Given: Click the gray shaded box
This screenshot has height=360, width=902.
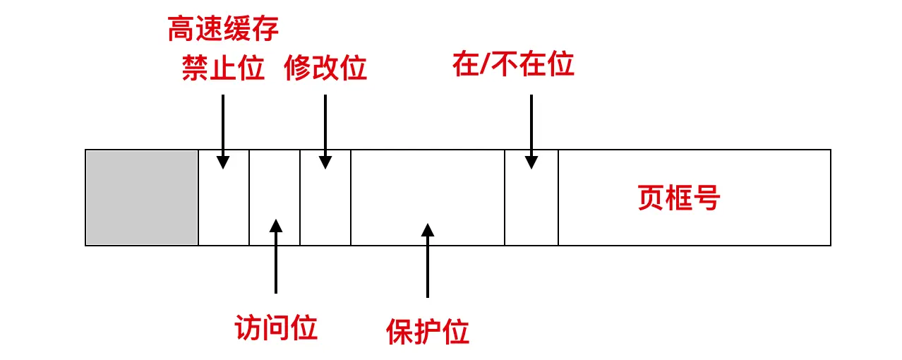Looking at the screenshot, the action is [142, 198].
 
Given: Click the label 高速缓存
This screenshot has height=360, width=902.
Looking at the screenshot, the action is [223, 30].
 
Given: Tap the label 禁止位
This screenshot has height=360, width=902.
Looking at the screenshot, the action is [223, 68].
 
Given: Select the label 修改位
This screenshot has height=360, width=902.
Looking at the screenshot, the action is [325, 68].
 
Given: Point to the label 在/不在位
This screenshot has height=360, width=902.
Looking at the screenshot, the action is [513, 65].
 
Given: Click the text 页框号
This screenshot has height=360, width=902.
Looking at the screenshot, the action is [678, 198].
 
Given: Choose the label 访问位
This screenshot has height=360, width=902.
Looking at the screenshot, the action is [276, 328].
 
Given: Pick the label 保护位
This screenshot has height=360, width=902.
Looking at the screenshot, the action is [427, 331].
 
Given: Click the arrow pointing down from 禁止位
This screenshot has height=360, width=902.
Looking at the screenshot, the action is [223, 131].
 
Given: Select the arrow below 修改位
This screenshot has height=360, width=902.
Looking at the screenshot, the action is [325, 131].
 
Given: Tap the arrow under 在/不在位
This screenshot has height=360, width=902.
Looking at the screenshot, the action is [531, 131].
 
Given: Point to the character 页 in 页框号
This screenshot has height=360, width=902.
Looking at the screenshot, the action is [651, 198].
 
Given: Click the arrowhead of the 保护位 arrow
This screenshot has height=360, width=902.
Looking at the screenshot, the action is [427, 230].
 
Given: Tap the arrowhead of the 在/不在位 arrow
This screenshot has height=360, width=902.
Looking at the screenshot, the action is [531, 162].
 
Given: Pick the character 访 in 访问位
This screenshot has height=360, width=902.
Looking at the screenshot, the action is [248, 328].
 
